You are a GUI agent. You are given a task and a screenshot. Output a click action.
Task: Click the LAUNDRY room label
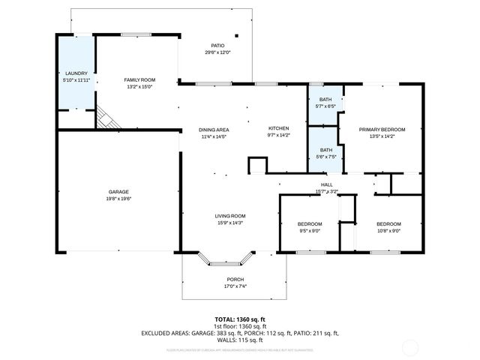76,73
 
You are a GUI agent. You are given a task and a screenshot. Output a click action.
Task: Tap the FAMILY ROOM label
139,79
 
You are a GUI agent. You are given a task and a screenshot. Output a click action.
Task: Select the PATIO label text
217,46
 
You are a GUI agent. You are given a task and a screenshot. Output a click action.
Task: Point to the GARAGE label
118,192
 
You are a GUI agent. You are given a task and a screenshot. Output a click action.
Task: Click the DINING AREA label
214,130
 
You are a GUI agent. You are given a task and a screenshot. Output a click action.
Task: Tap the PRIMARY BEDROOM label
382,130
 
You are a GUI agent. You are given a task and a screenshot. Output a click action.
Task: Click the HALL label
327,184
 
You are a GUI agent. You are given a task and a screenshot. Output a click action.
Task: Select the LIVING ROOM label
229,216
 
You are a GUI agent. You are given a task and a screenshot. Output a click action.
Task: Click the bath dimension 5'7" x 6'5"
325,106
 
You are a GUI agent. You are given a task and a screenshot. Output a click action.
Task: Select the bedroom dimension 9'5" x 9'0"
310,231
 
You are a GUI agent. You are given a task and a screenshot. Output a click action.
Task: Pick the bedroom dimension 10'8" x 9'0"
388,231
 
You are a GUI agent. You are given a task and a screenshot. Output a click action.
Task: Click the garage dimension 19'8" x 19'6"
118,199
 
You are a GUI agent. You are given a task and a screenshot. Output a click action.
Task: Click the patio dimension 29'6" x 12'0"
217,52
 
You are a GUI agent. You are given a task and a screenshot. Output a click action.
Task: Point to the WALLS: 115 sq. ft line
240,338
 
